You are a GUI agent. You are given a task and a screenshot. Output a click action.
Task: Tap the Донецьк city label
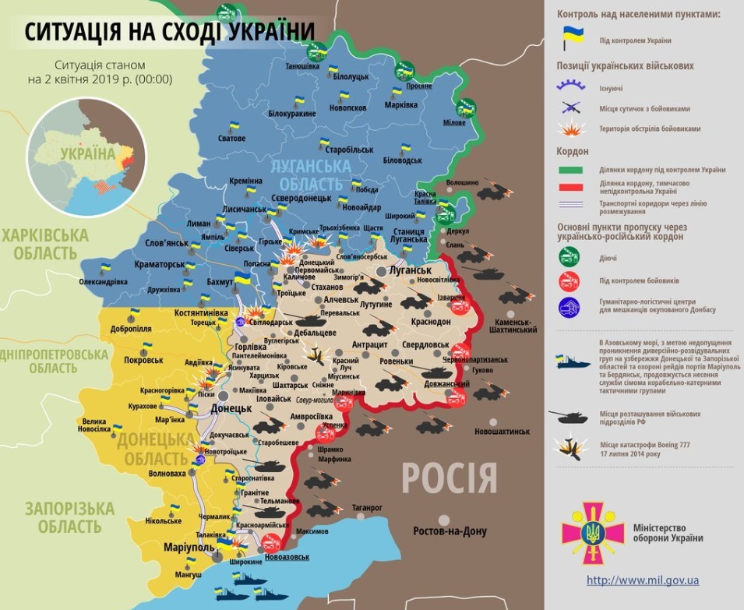(x=230, y=407)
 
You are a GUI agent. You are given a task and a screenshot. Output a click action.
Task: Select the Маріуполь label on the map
(x=188, y=547)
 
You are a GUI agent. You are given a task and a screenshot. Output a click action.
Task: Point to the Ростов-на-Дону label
(x=450, y=531)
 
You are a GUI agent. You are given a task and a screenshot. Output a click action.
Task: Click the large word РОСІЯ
(x=450, y=477)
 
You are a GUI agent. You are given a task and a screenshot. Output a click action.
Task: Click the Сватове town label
(x=231, y=138)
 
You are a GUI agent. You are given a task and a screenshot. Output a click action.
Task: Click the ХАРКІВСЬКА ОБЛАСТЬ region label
(x=44, y=244)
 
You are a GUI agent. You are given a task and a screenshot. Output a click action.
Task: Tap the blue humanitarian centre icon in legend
(x=569, y=305)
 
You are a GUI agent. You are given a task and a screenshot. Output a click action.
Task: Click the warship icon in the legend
(x=573, y=360)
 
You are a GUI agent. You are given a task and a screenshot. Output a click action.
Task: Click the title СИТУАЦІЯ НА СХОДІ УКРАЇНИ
(x=170, y=31)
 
